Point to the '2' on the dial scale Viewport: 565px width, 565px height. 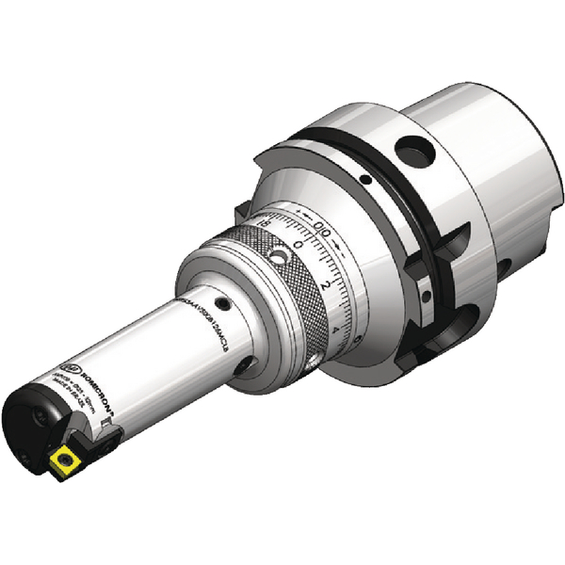pos(324,283)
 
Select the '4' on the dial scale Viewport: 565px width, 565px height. pos(338,331)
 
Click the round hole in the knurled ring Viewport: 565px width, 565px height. pos(279,255)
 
